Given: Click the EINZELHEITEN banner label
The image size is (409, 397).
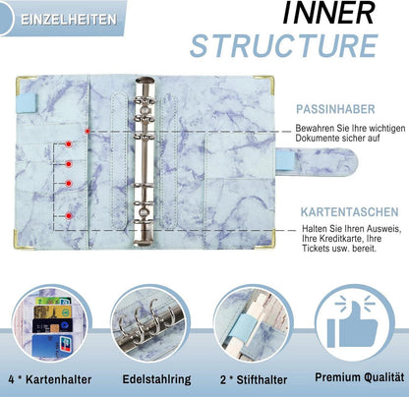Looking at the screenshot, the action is [69, 20].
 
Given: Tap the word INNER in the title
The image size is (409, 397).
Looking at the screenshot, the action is [328, 13].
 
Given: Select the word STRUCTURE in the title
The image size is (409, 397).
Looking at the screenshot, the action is [284, 45].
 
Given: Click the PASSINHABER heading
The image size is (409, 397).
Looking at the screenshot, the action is [335, 109].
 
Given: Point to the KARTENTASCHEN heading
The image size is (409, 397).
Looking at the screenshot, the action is [350, 212].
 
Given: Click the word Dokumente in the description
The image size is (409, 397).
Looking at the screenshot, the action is [317, 138].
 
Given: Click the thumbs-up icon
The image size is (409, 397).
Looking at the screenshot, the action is [353, 321].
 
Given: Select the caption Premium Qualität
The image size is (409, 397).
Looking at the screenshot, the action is [360, 377].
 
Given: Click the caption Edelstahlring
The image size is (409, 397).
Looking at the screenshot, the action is [156, 379].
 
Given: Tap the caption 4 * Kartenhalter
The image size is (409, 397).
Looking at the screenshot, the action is [50, 379].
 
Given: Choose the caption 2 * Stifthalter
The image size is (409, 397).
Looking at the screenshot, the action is [254, 379].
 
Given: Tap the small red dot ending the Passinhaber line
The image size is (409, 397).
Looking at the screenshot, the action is [88, 132].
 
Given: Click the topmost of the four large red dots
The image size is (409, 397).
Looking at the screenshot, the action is [69, 143].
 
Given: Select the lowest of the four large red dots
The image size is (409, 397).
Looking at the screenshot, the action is [69, 216].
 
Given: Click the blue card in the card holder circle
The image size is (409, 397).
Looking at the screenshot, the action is [52, 346].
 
